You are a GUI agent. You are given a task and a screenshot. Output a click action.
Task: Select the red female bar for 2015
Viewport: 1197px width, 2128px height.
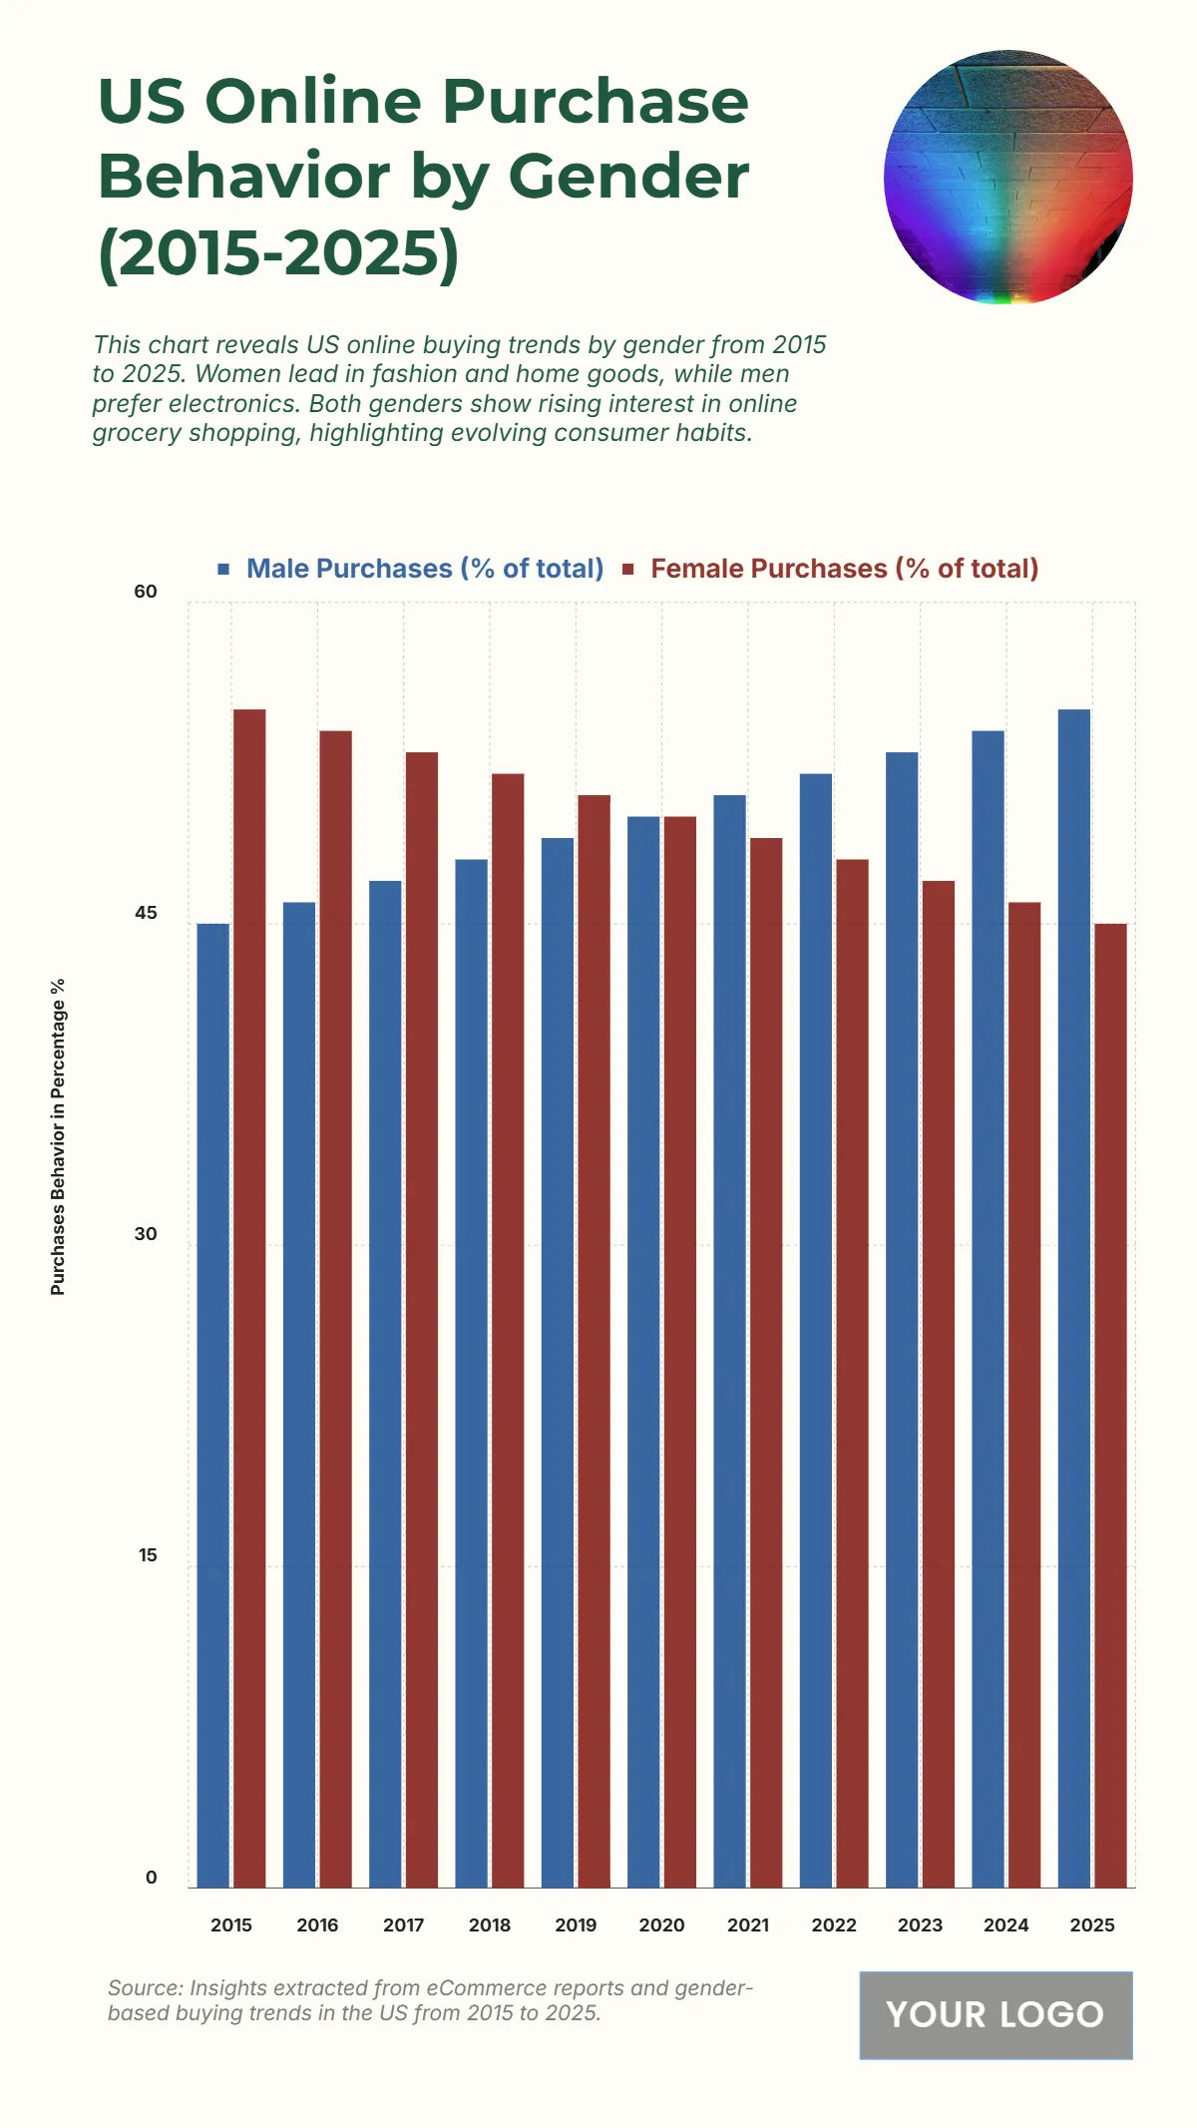click(x=249, y=1297)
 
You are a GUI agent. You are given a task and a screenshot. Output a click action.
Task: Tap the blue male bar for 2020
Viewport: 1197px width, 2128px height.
click(x=643, y=1352)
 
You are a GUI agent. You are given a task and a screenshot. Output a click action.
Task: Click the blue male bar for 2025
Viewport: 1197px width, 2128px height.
click(x=1074, y=1297)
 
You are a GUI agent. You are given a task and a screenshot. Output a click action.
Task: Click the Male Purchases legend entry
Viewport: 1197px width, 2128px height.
click(x=424, y=569)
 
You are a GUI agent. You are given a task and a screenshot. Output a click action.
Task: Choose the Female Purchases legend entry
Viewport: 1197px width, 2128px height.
click(x=844, y=569)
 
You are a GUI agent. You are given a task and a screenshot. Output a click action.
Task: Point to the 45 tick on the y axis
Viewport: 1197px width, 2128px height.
click(x=146, y=913)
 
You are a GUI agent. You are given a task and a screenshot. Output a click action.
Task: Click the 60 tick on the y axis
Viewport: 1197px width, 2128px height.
click(x=146, y=592)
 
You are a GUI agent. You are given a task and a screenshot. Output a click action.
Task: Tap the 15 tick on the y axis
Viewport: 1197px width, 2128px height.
click(x=148, y=1555)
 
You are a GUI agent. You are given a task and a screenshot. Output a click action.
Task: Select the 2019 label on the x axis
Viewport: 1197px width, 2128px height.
click(x=576, y=1925)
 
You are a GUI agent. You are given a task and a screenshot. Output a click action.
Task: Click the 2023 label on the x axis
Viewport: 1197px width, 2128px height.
click(x=920, y=1925)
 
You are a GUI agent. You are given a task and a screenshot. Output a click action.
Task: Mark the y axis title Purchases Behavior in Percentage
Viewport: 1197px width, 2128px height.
click(x=58, y=1136)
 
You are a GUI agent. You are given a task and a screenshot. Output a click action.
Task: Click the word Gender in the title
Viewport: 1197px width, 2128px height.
click(x=628, y=177)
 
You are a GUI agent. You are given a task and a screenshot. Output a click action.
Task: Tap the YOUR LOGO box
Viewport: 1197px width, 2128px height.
click(x=996, y=2014)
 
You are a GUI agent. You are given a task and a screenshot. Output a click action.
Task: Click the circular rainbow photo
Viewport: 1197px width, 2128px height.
click(x=1007, y=178)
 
